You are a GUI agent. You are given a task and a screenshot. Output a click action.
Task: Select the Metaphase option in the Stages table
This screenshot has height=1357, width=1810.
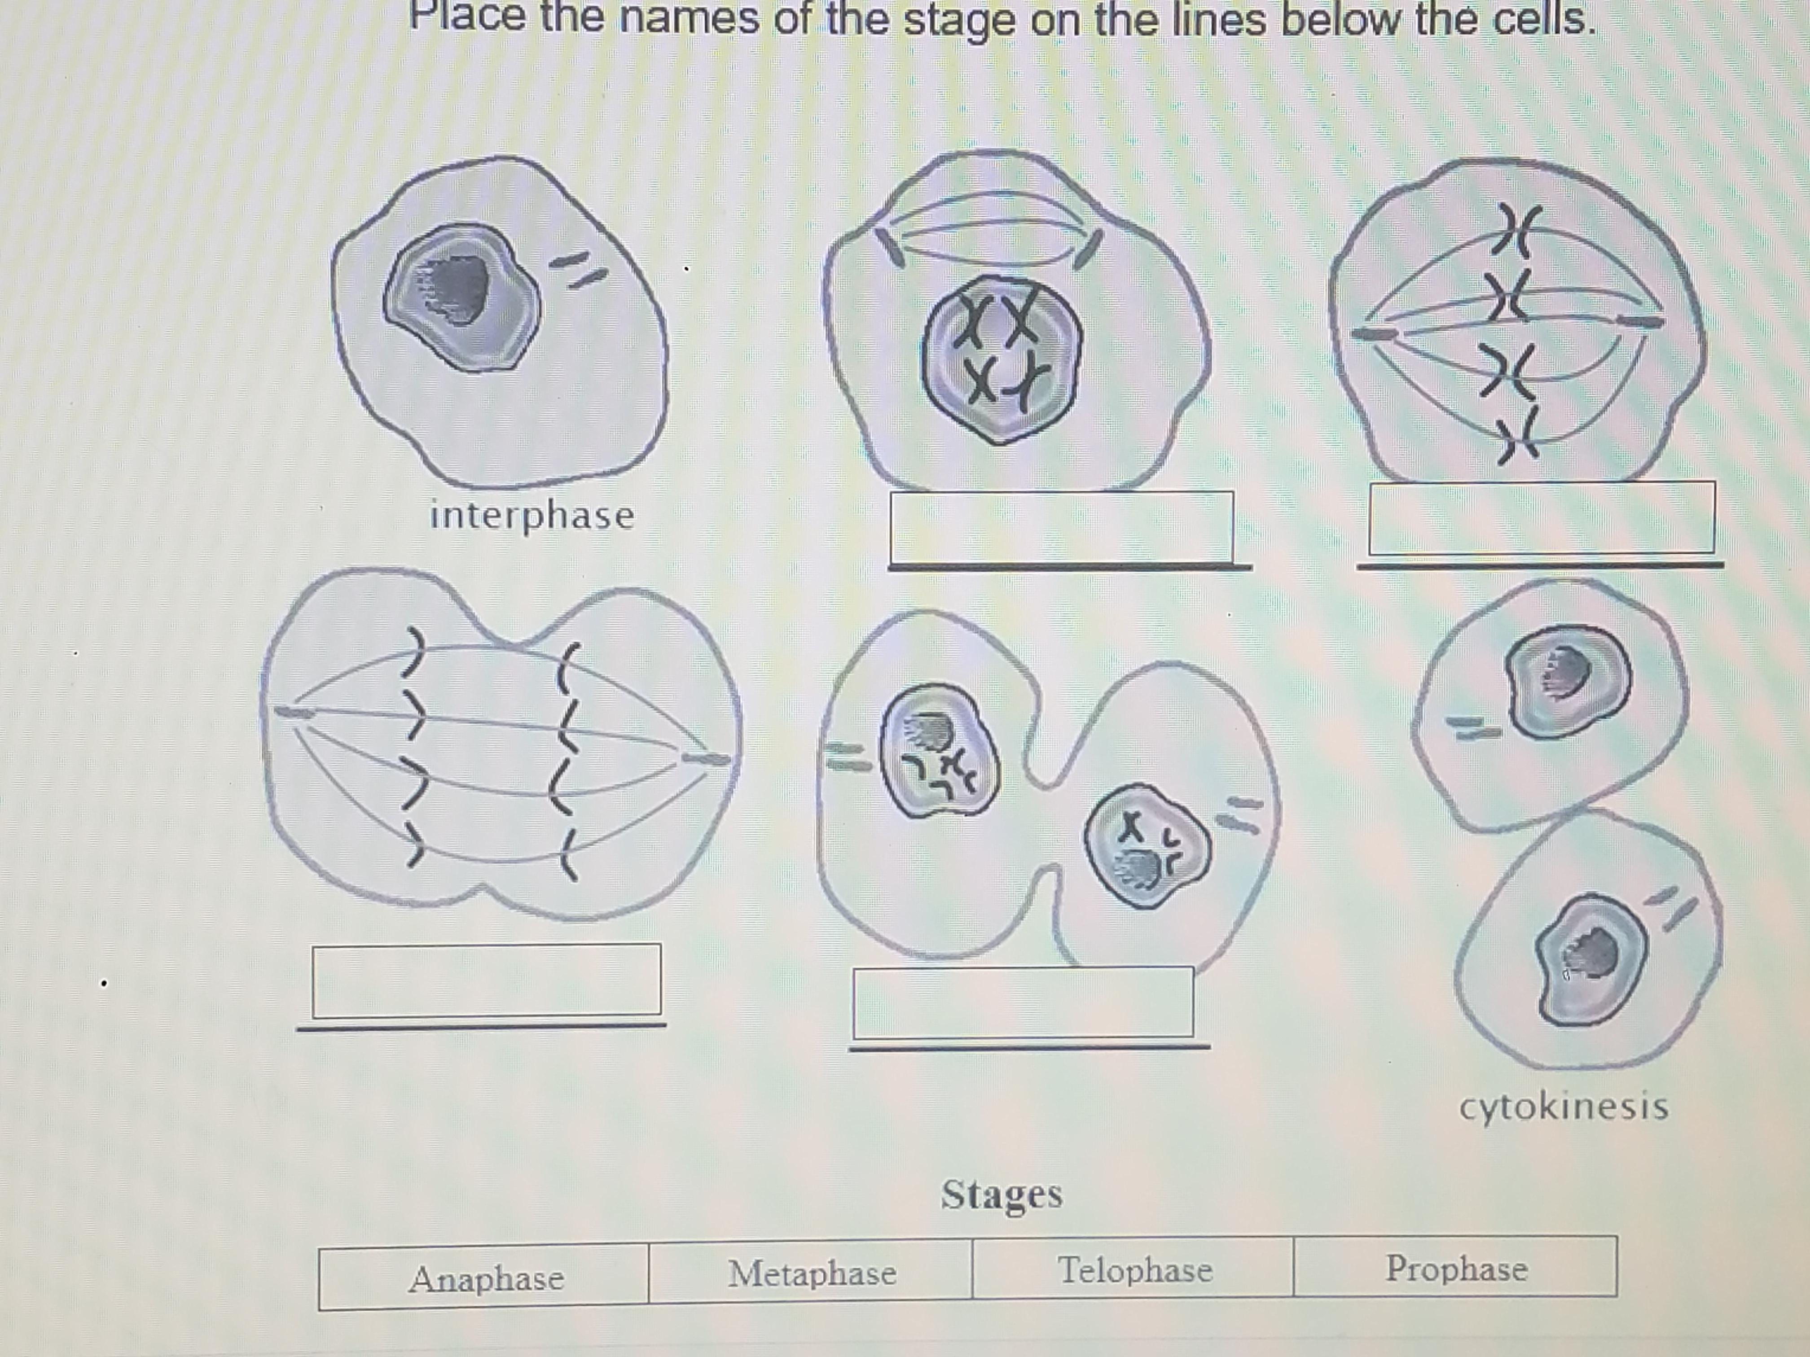click(812, 1273)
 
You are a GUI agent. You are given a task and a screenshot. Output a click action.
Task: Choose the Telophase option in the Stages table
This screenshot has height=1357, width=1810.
click(1135, 1269)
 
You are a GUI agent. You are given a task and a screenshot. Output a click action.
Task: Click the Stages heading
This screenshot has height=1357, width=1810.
click(1002, 1195)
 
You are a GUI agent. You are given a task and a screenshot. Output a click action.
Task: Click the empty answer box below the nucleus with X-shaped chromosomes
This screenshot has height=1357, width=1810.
click(1061, 527)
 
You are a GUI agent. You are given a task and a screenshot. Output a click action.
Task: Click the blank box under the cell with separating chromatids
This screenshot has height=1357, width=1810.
click(487, 981)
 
